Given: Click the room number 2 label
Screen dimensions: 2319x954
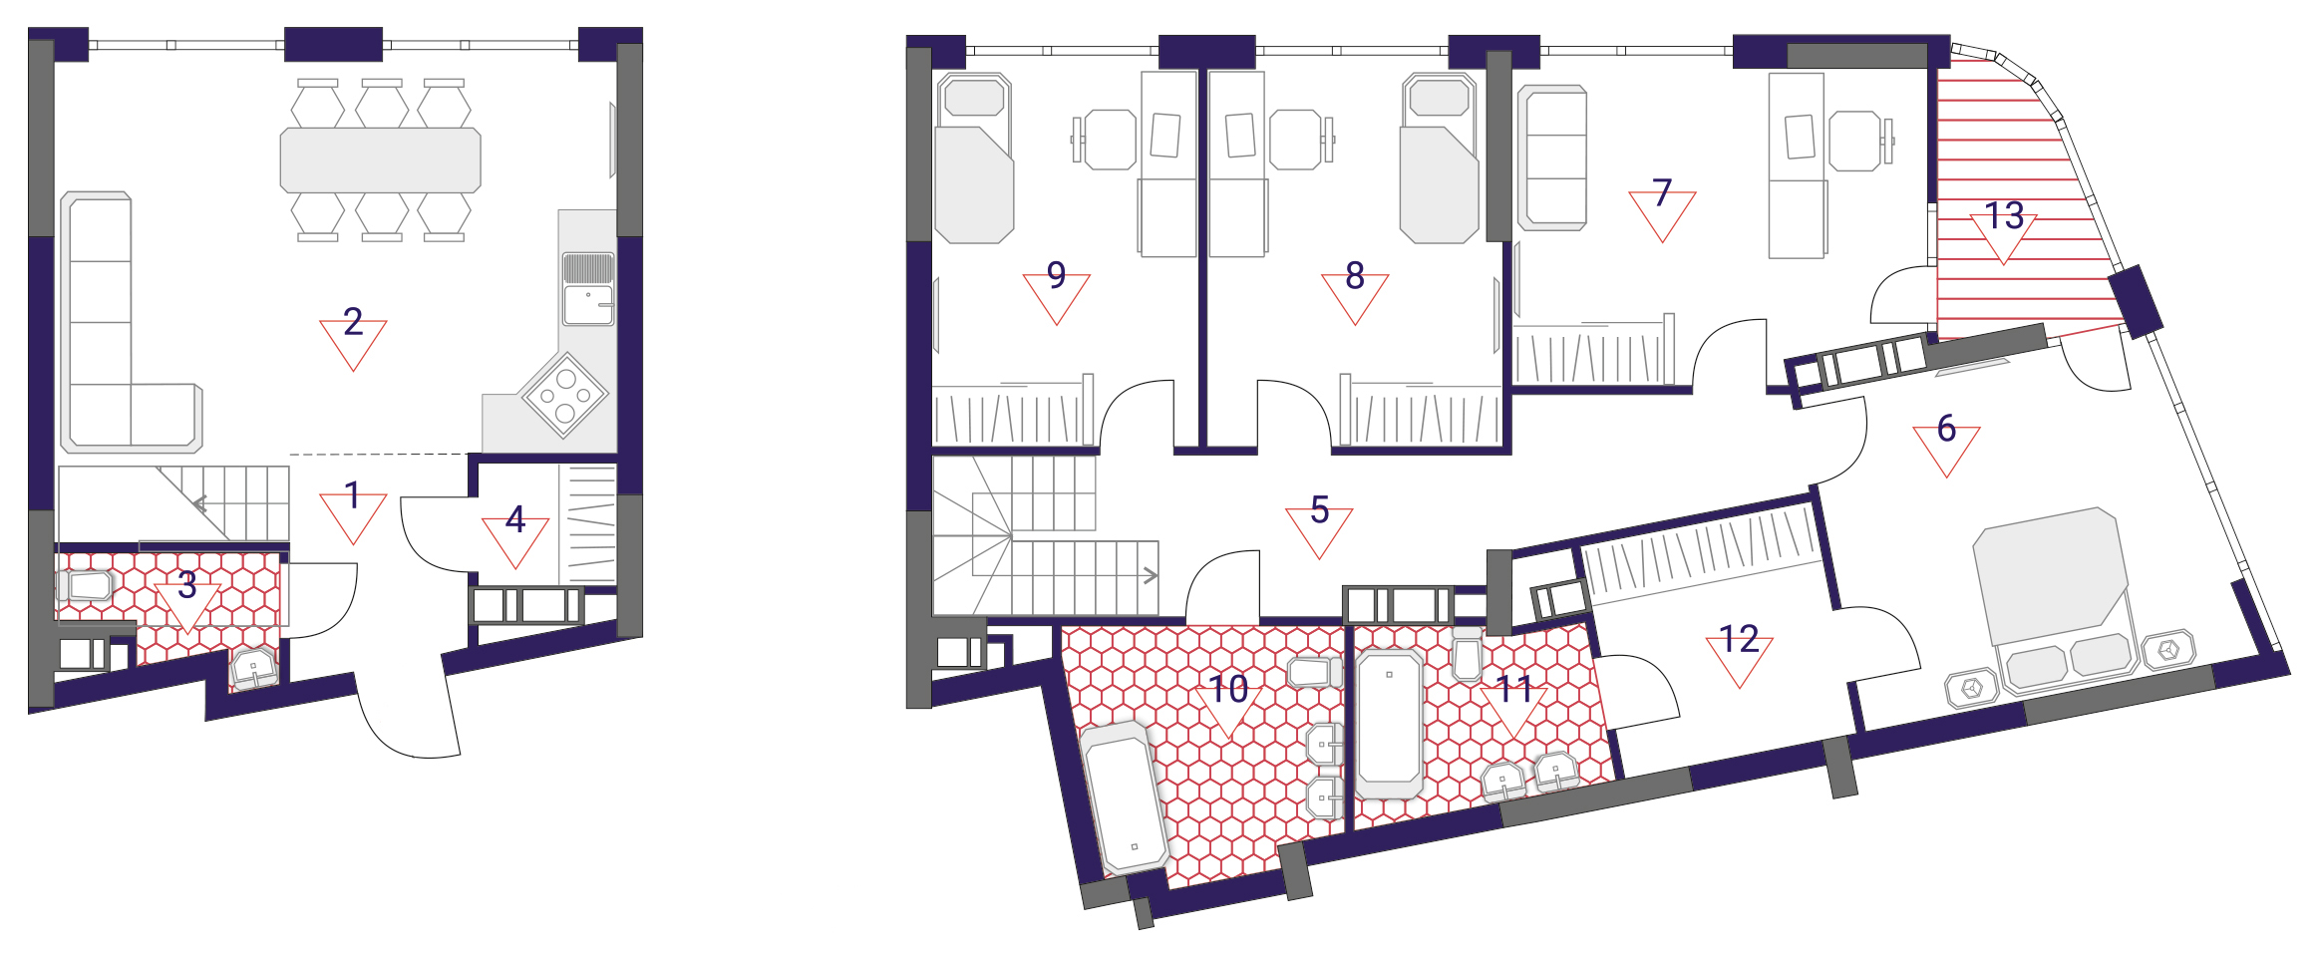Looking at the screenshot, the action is (353, 321).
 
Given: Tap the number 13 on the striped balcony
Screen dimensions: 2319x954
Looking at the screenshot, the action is (2004, 215).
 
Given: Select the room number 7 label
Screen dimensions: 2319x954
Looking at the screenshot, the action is (1662, 192).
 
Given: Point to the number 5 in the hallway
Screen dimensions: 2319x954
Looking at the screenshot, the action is (1319, 509).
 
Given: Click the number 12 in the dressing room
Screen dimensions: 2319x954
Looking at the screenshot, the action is (1740, 639).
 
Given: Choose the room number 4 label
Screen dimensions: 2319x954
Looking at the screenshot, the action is (515, 518).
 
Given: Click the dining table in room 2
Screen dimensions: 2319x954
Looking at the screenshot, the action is (381, 159).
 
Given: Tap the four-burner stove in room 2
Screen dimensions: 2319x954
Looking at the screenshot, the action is (564, 395).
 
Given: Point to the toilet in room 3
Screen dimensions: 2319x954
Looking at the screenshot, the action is (88, 586).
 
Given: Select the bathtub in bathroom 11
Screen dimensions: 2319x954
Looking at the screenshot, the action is (1389, 722).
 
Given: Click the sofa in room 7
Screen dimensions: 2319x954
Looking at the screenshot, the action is (1552, 158).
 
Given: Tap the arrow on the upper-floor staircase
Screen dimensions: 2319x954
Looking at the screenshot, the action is (1151, 575).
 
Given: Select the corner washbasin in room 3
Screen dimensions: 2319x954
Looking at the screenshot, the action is (254, 668).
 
